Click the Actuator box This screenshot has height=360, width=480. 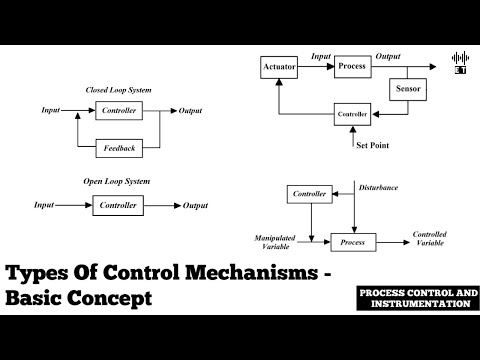[x=279, y=67]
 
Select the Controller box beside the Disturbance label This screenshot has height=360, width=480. [x=309, y=193]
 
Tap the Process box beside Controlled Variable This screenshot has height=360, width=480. [x=352, y=241]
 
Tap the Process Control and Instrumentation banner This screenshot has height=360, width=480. [x=414, y=298]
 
